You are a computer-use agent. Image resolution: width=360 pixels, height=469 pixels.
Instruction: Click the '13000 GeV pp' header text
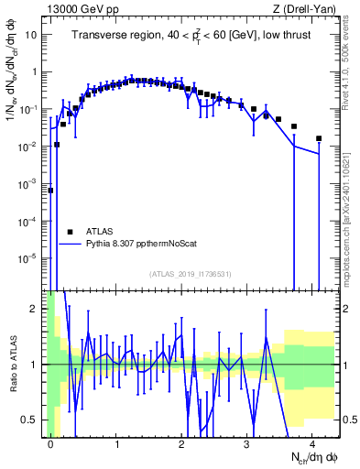tap(82, 9)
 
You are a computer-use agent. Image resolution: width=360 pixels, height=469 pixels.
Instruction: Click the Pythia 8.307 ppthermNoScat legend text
tap(138, 244)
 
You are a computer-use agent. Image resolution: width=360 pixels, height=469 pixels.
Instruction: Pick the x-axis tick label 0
tap(51, 443)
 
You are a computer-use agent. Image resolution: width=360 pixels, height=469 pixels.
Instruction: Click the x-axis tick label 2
tap(182, 443)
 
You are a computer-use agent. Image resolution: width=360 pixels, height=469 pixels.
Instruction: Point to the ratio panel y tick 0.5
tap(33, 420)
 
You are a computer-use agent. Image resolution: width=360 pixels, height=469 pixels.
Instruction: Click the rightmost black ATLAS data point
tap(319, 138)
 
